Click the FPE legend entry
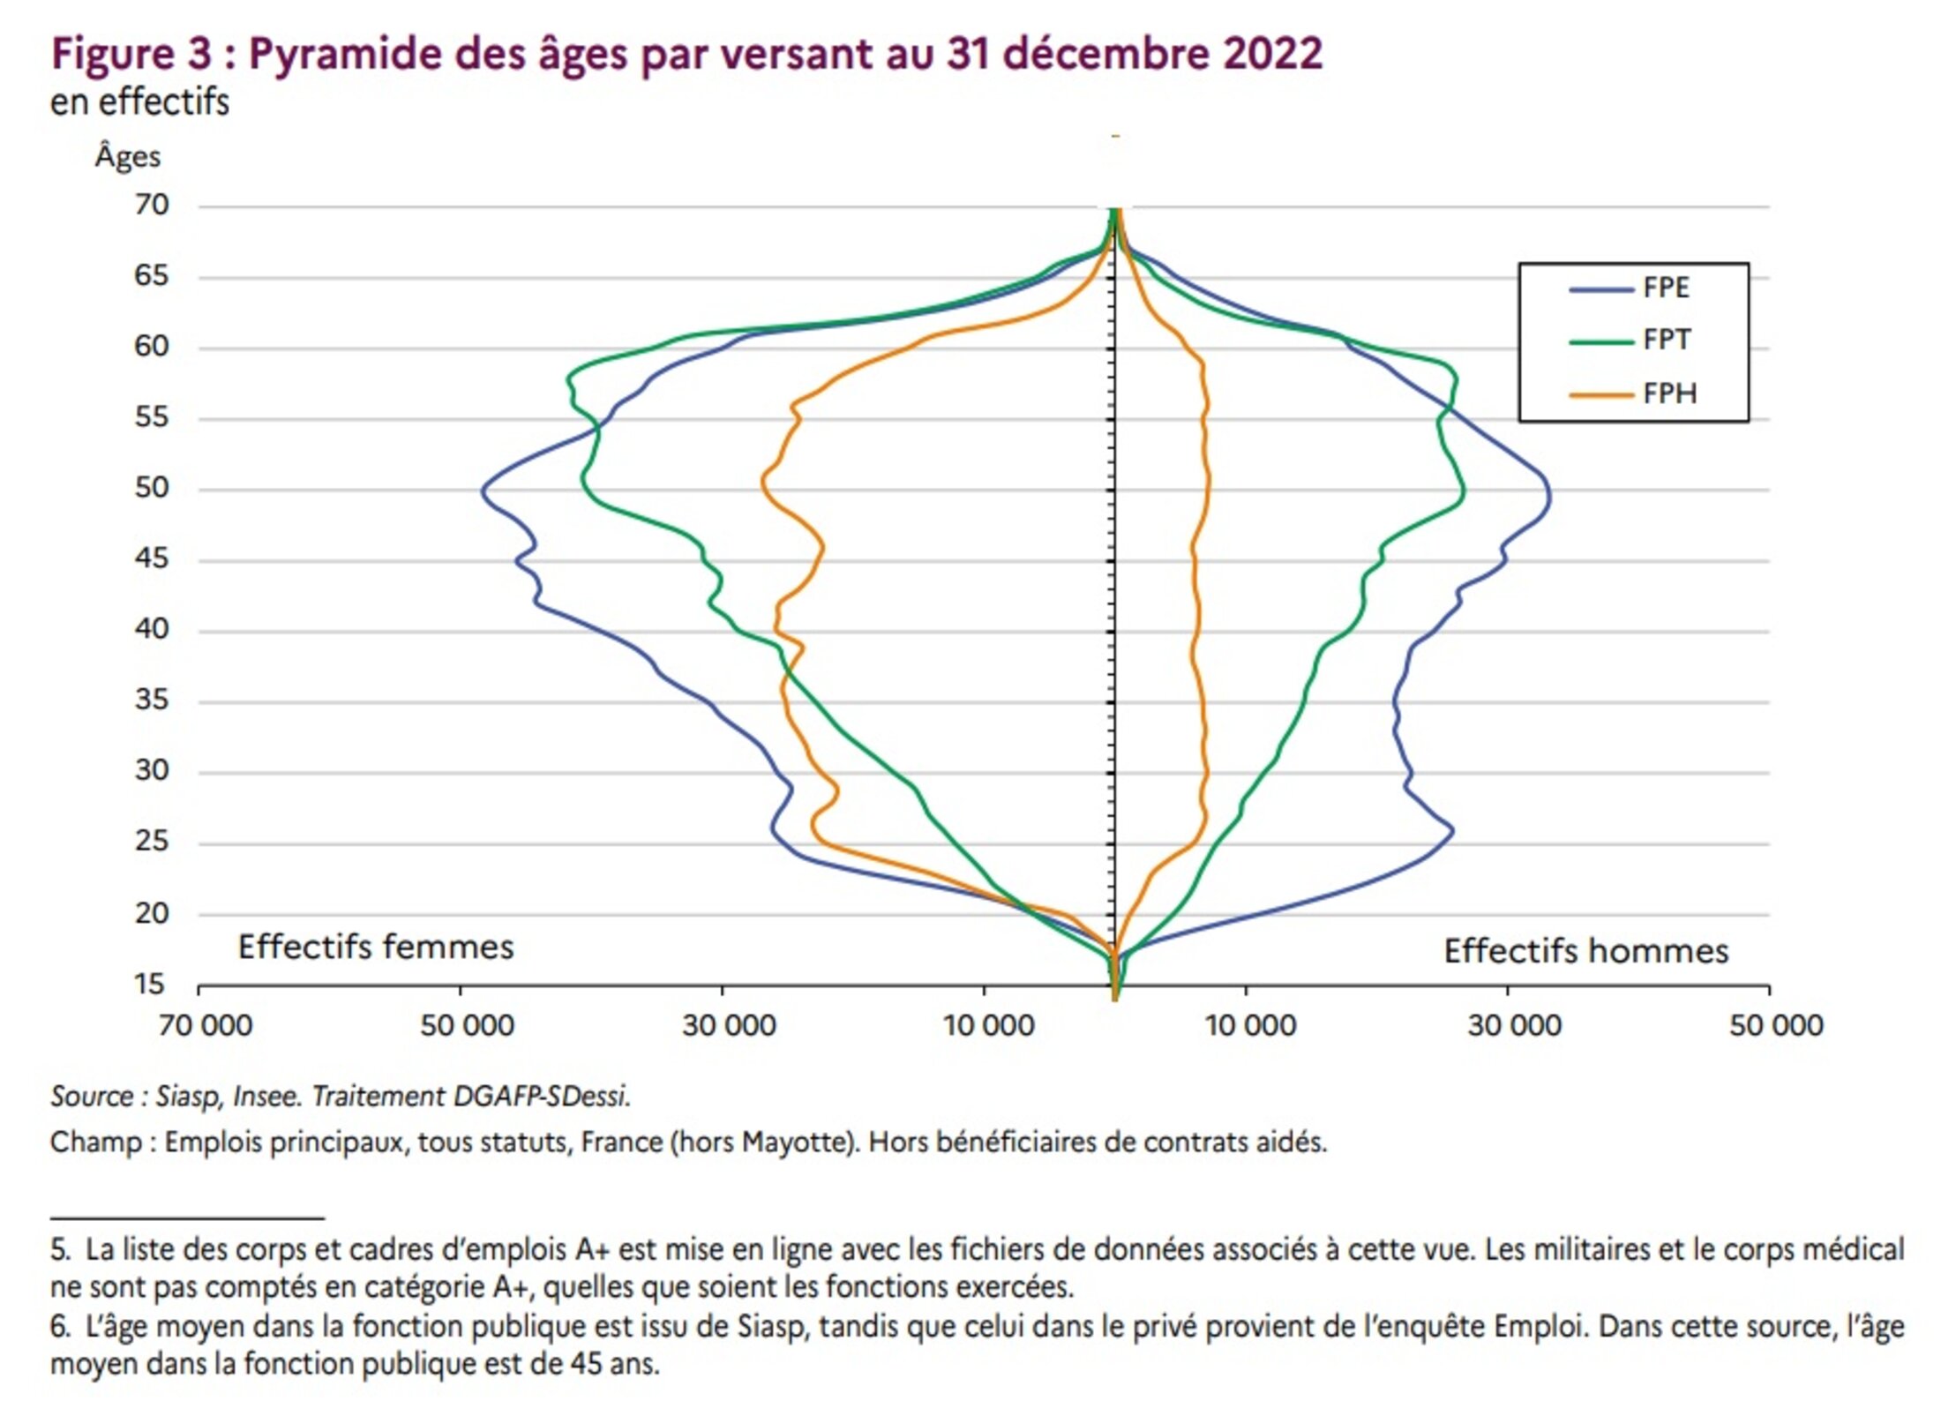(x=1665, y=288)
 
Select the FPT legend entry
(x=1665, y=341)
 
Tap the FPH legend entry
(x=1668, y=393)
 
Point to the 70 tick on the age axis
(x=152, y=206)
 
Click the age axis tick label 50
(x=152, y=488)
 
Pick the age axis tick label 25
(x=152, y=842)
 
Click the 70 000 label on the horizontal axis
(x=205, y=1026)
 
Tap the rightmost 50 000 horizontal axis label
(x=1775, y=1026)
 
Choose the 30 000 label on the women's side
(x=729, y=1026)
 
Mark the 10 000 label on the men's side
(x=1250, y=1026)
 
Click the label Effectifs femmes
(x=376, y=948)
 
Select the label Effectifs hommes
(x=1585, y=952)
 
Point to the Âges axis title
(x=128, y=157)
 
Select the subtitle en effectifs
(x=139, y=102)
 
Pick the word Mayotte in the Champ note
(x=797, y=1143)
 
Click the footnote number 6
(x=59, y=1327)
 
